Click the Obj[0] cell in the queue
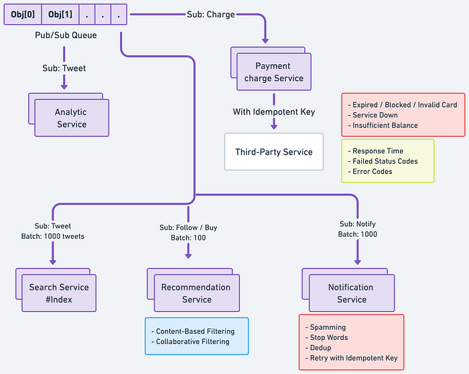pyautogui.click(x=23, y=14)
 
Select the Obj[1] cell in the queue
pyautogui.click(x=60, y=14)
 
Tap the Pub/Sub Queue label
pyautogui.click(x=65, y=35)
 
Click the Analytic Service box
pyautogui.click(x=72, y=118)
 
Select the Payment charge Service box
pyautogui.click(x=273, y=72)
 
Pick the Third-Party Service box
pyautogui.click(x=273, y=152)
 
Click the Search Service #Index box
pyautogui.click(x=58, y=293)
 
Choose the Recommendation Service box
pyautogui.click(x=196, y=293)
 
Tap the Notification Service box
pyautogui.click(x=351, y=293)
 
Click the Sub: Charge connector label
pyautogui.click(x=210, y=14)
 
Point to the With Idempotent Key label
pyautogui.click(x=273, y=112)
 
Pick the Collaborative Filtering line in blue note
pyautogui.click(x=192, y=341)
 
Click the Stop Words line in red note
pyautogui.click(x=329, y=338)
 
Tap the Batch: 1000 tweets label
pyautogui.click(x=52, y=236)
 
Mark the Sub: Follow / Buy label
pyautogui.click(x=188, y=227)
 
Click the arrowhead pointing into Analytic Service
pyautogui.click(x=65, y=86)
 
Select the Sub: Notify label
pyautogui.click(x=356, y=224)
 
